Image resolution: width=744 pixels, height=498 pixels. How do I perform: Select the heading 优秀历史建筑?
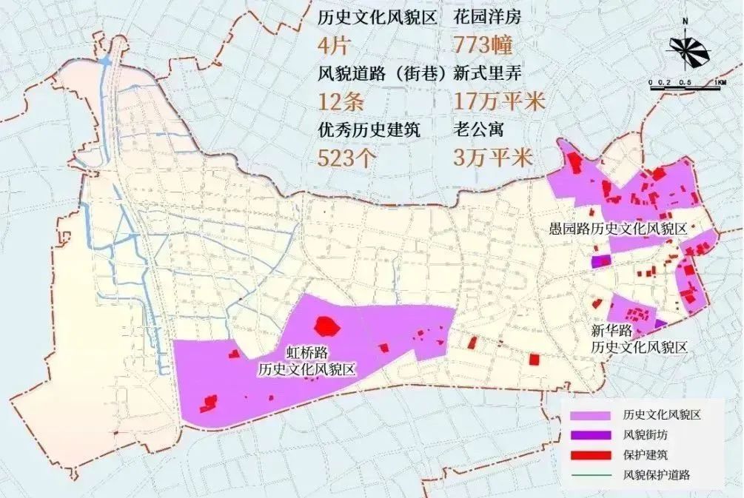point(368,129)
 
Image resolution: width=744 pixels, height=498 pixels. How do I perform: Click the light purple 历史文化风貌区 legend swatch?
point(586,416)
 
